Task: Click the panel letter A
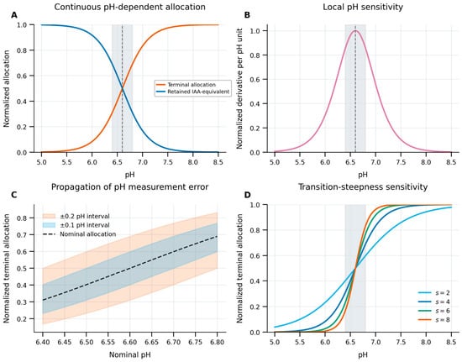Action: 13,15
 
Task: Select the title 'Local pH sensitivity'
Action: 363,7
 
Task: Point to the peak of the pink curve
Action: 355,30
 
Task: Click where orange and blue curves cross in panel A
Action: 123,88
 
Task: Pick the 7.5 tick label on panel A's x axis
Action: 168,162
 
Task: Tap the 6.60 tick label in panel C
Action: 130,342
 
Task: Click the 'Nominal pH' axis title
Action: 130,354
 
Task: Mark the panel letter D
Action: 248,195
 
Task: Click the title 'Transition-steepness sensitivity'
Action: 363,186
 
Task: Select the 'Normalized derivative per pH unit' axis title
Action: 239,88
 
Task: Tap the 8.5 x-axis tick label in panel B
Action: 451,162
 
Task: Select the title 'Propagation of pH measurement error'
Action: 130,186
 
